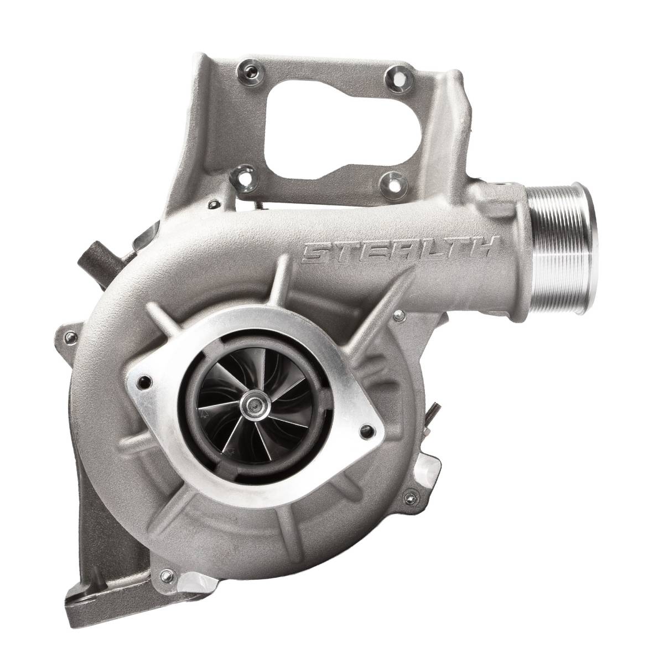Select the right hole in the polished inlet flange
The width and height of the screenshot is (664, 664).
coord(367,430)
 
